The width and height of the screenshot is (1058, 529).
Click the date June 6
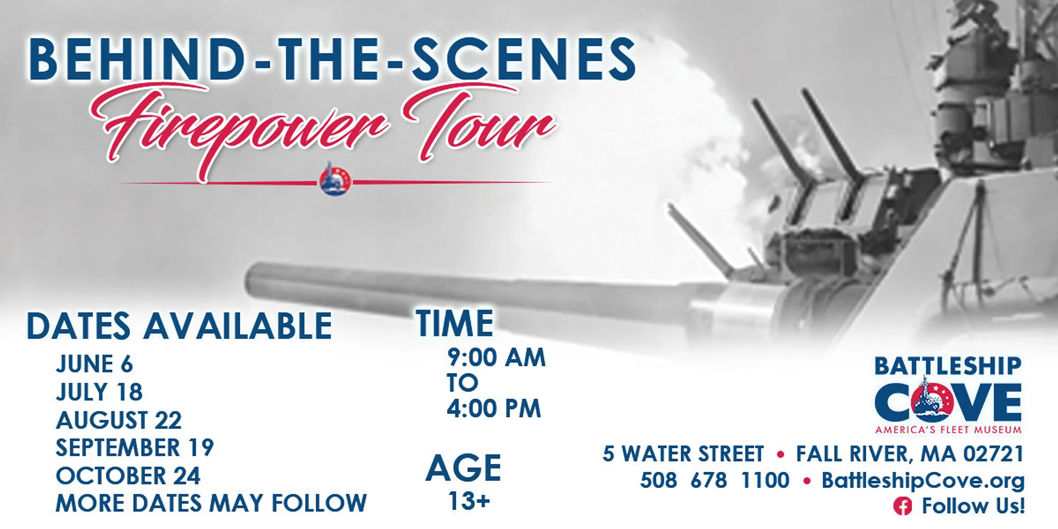(94, 364)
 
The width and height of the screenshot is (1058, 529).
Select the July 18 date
(99, 392)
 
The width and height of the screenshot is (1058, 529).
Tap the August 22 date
(118, 420)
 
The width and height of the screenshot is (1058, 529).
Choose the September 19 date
(134, 448)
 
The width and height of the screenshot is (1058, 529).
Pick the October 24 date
(128, 476)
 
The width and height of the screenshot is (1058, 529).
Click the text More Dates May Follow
(211, 503)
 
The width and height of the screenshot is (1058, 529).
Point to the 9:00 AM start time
(496, 358)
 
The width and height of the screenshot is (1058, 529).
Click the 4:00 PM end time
(494, 408)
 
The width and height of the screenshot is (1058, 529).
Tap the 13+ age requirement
(469, 500)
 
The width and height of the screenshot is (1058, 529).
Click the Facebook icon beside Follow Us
(902, 506)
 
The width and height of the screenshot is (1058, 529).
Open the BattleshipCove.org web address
(923, 480)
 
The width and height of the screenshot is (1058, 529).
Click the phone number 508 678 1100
(715, 480)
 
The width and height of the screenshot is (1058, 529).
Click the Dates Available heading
(179, 326)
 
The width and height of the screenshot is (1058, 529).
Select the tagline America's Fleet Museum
(948, 430)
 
